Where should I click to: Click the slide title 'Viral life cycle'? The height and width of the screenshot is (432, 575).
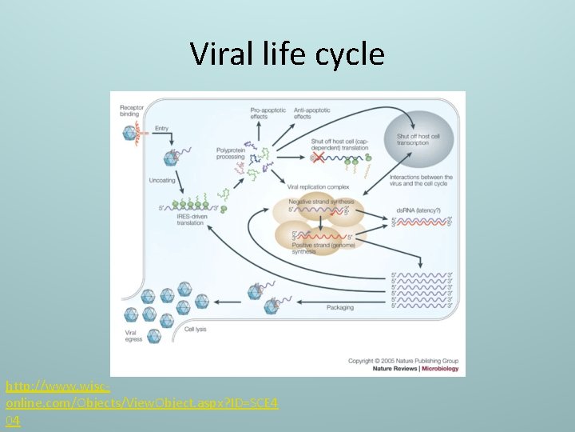coord(287,54)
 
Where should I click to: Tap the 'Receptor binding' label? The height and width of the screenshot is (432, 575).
coord(132,110)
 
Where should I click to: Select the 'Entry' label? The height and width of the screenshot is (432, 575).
coord(162,128)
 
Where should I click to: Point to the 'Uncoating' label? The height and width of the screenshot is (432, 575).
coord(161,181)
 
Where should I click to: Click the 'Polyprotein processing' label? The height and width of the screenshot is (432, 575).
coord(231,154)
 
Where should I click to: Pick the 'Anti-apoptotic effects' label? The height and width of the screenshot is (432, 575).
coord(311,112)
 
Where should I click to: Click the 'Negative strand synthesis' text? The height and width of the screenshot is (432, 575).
coord(318,202)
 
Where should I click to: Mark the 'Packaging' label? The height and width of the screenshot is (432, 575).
coord(340,308)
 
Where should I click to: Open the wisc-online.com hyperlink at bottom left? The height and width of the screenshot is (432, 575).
coord(142,403)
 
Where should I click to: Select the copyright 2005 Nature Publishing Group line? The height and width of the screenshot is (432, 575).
coord(402,360)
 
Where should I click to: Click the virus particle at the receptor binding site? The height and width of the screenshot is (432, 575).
coord(129,132)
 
